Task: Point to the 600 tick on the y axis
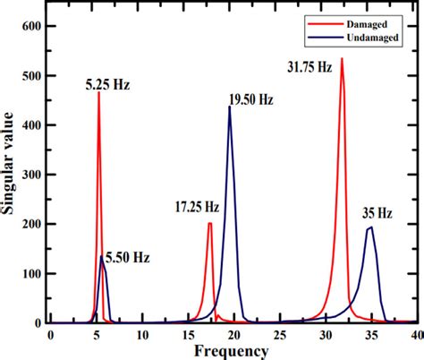point(32,28)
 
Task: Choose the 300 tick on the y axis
point(32,175)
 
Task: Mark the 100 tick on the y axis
point(32,273)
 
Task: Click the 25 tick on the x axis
point(281,334)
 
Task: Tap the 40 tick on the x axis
point(416,334)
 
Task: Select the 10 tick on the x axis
point(143,334)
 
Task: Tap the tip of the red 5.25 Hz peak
point(98,93)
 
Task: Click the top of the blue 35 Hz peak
point(371,227)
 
